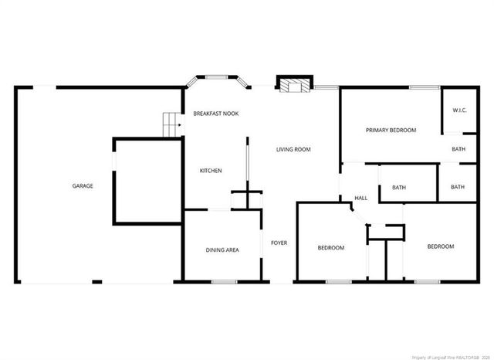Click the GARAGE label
[x=83, y=186]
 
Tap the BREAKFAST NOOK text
[x=216, y=114]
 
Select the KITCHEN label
[x=211, y=171]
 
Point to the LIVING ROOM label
[x=293, y=149]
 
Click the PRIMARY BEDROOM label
[x=391, y=131]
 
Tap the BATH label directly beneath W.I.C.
[x=458, y=149]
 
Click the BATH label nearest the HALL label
[x=399, y=187]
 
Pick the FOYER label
[x=279, y=243]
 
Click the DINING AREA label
[x=222, y=250]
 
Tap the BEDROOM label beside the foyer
[x=331, y=248]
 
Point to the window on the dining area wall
[x=224, y=282]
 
